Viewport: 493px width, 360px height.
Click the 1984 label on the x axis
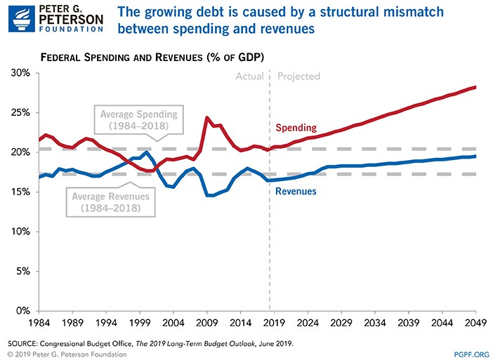tap(39, 324)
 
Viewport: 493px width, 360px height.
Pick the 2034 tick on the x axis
tap(373, 324)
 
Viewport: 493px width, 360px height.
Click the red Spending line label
tap(296, 128)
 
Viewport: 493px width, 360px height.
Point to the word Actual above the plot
tap(249, 76)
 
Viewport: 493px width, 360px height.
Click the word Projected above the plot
tap(299, 76)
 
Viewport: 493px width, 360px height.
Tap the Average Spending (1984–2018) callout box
tap(139, 120)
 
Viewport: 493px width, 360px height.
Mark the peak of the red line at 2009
tap(206, 117)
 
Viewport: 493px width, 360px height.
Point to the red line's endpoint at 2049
tap(475, 87)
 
